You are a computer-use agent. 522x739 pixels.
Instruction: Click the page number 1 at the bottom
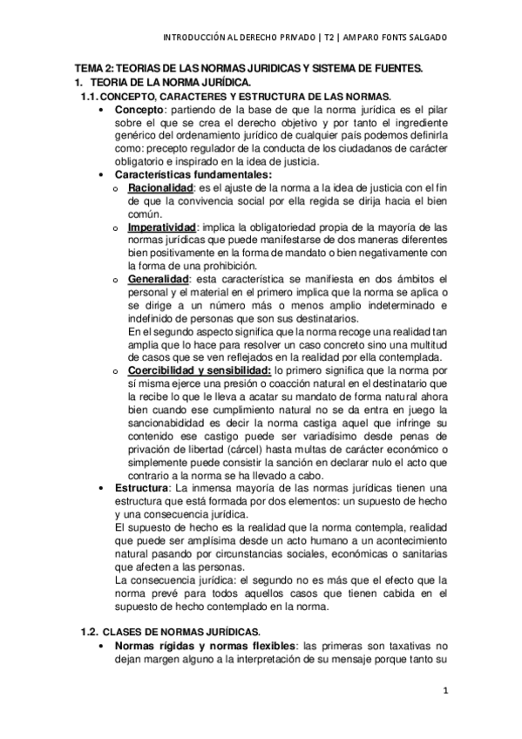coord(444,692)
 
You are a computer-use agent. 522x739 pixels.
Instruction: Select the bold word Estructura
coord(142,488)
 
